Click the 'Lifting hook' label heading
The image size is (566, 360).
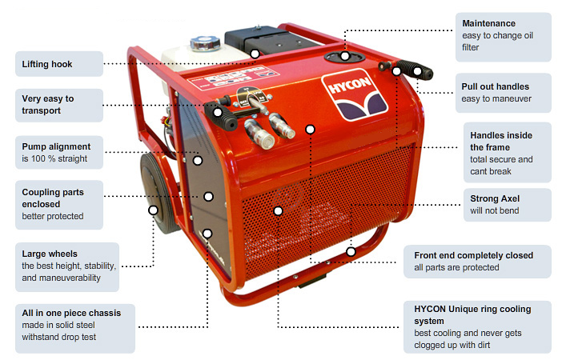click(x=47, y=62)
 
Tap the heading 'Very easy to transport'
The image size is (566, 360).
click(x=47, y=105)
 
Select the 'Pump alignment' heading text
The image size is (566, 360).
click(x=56, y=146)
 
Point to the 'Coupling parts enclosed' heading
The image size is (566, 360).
click(x=53, y=198)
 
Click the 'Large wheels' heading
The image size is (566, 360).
click(x=50, y=254)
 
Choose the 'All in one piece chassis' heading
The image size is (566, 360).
click(x=71, y=313)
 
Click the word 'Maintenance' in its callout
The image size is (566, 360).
click(x=488, y=23)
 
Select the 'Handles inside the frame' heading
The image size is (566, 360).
click(x=501, y=142)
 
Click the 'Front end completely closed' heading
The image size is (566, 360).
click(x=473, y=255)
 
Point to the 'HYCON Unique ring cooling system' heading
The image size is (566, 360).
click(x=472, y=314)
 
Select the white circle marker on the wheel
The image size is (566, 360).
click(x=153, y=210)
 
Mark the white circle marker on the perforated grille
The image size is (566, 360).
click(x=278, y=211)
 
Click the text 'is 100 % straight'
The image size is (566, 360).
click(x=54, y=159)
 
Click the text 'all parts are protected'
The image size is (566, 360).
click(x=456, y=267)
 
